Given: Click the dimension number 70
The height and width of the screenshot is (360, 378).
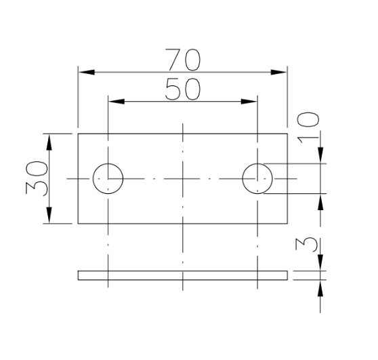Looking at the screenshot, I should pos(182,60).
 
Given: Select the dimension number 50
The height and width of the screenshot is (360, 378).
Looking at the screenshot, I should pos(182,90).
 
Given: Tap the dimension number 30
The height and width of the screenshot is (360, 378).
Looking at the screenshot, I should pos(38,178).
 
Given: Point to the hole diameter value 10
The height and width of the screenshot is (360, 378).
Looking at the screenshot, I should pos(309,126).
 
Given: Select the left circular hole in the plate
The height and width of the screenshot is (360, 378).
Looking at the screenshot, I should pos(108,178).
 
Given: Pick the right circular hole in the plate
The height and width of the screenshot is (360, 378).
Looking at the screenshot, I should pos(258,178).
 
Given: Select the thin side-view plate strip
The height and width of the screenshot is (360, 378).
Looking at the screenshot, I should pos(182,275).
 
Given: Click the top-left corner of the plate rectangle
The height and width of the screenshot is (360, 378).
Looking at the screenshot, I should pos(78,134).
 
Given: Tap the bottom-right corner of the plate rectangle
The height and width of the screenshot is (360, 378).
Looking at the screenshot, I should pos(288,223).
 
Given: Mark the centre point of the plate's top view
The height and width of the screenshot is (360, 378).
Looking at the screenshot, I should pos(183,178).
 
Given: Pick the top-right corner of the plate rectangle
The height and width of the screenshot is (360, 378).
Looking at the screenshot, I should pos(288,134).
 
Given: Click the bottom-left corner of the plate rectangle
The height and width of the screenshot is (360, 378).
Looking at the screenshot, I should pos(78,223).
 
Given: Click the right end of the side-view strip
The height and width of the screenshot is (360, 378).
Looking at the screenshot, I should pos(287,275).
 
